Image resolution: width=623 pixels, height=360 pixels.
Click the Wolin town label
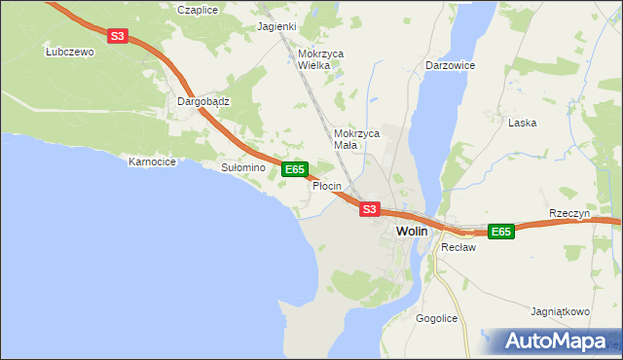click(x=412, y=231)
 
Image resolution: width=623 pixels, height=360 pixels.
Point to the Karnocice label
click(x=152, y=162)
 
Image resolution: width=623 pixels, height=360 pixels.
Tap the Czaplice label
click(x=198, y=9)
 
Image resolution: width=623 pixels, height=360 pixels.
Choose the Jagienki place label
click(x=276, y=26)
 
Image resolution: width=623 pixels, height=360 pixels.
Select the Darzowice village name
click(x=449, y=65)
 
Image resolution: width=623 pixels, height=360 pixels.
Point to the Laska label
click(x=523, y=124)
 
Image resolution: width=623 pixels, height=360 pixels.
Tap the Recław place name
click(x=457, y=248)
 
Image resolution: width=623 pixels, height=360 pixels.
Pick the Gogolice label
click(x=436, y=319)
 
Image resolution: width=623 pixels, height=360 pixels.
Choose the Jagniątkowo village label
click(x=561, y=312)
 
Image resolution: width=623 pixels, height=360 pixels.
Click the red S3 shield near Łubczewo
click(x=118, y=36)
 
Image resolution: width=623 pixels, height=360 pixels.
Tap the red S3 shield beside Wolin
click(x=368, y=208)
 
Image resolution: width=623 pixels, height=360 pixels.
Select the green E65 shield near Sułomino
click(x=295, y=169)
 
